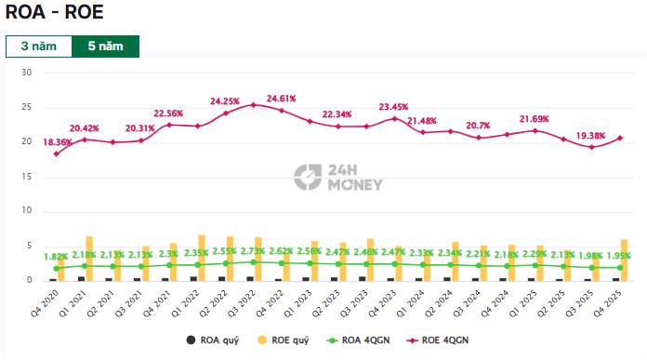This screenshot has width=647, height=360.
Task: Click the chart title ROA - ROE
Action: [x=55, y=13]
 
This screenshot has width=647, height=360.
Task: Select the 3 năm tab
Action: [x=38, y=47]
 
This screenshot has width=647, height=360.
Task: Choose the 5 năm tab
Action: [x=105, y=47]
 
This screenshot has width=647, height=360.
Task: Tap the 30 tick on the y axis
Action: [x=26, y=73]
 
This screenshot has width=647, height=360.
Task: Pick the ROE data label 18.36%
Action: [x=58, y=141]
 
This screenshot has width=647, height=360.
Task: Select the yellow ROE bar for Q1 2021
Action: [x=89, y=259]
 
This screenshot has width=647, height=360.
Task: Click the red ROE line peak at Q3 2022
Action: [x=253, y=104]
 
